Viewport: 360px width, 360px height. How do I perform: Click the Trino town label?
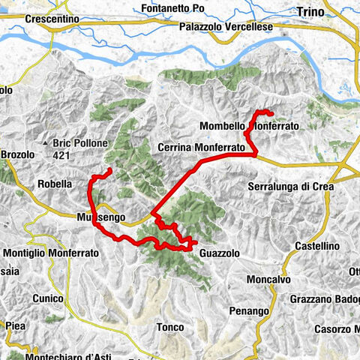click(310, 11)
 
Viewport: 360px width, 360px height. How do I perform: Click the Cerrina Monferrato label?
click(202, 148)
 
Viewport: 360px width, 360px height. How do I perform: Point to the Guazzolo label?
click(220, 254)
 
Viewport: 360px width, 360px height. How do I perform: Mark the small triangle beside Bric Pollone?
click(46, 142)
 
